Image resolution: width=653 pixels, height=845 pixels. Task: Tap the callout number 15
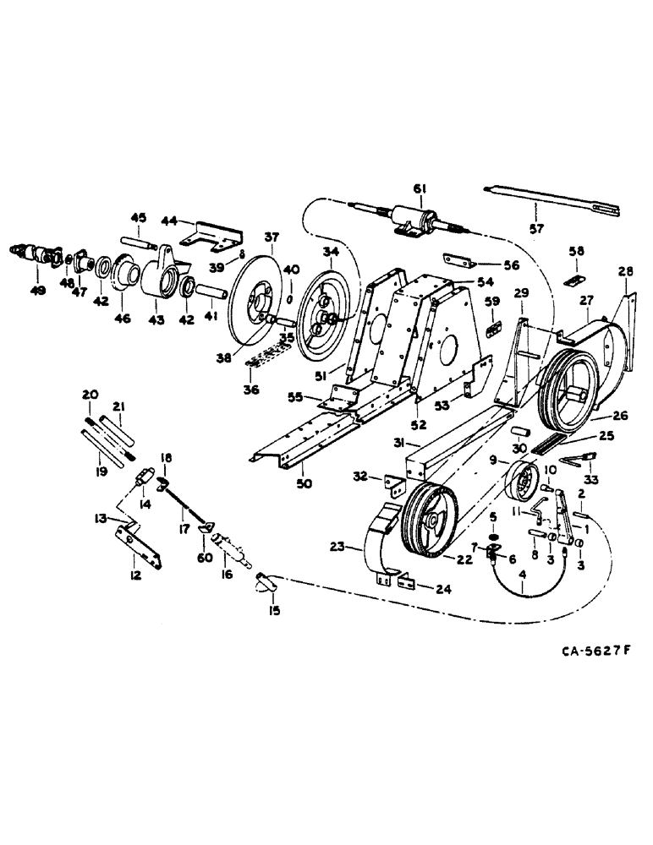(x=273, y=608)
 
